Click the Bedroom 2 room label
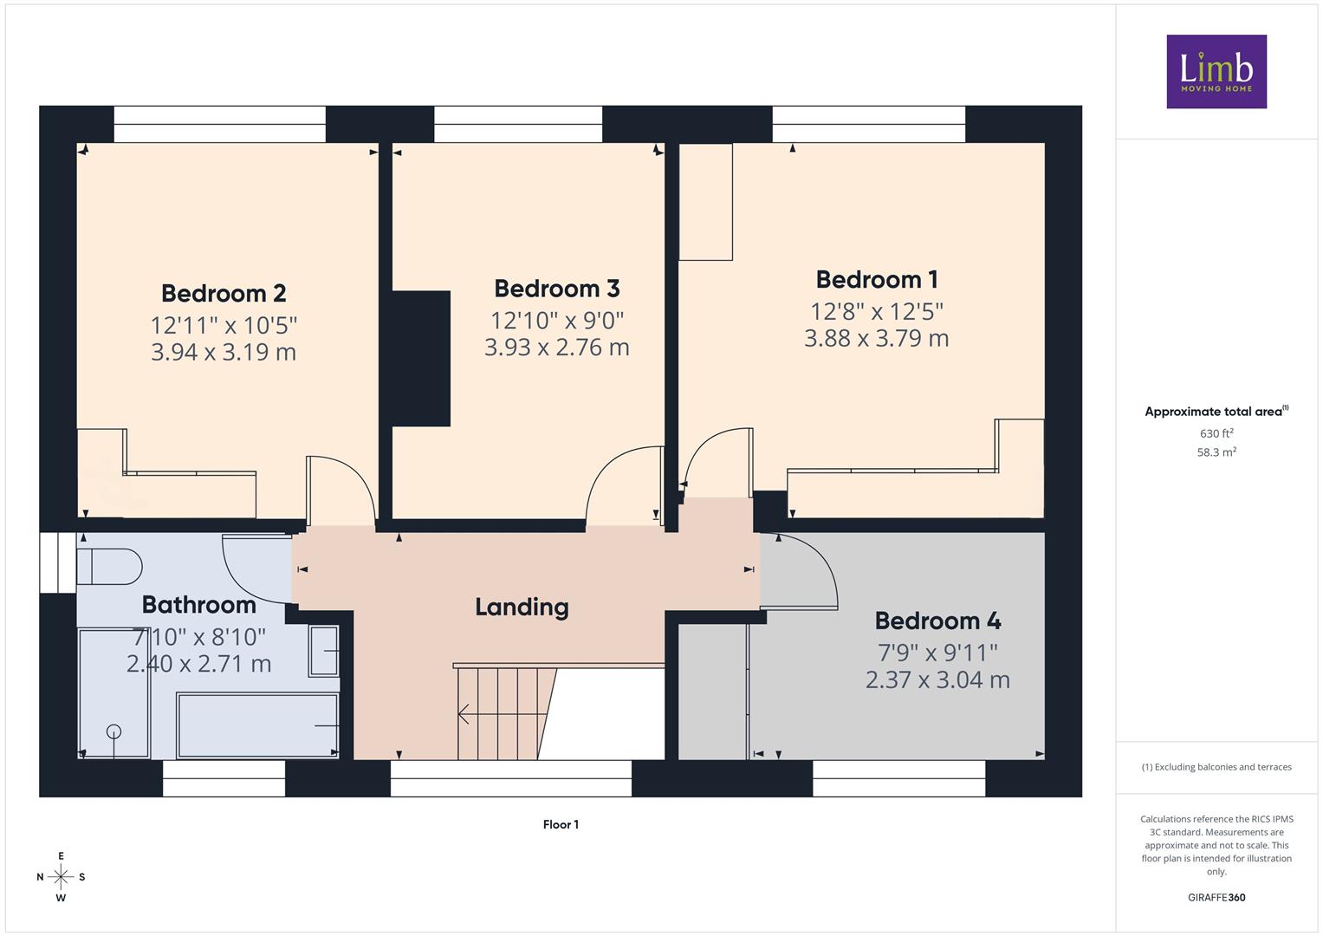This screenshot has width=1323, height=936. point(224,294)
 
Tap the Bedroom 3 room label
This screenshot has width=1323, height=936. point(556,289)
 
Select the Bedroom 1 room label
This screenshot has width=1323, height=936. point(877,280)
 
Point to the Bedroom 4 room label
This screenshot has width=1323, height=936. point(937,621)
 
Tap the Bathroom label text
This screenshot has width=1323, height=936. point(199,605)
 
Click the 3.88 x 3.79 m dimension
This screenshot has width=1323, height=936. point(877,339)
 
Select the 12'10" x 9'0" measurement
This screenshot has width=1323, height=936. point(557,321)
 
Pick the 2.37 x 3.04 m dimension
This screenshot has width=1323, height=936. point(937,679)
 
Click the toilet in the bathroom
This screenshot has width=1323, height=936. point(109,567)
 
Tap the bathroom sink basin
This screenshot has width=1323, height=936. point(324,651)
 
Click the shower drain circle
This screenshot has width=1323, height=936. point(114,731)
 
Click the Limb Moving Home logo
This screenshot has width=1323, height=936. point(1216,71)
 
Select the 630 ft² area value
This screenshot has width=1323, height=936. point(1216,433)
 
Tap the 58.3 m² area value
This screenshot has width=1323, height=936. point(1216,452)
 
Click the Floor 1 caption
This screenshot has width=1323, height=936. point(561,824)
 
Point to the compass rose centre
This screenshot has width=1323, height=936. point(61,877)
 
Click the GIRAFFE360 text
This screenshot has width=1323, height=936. point(1216,897)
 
